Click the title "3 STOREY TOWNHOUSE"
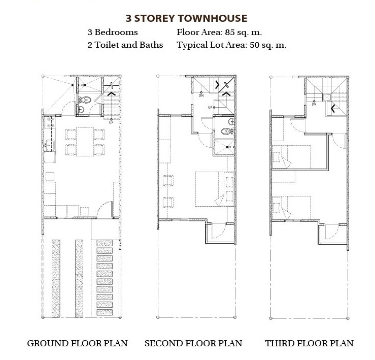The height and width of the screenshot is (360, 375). [186, 18]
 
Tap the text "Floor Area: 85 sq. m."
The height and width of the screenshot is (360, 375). [219, 32]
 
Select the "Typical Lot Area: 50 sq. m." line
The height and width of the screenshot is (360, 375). [231, 45]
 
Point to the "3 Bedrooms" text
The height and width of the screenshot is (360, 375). [113, 32]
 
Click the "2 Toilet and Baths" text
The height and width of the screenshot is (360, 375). [125, 45]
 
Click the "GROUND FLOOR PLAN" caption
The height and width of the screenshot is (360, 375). [78, 343]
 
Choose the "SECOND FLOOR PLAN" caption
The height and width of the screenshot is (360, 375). [193, 343]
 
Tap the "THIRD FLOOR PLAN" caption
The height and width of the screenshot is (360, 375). [309, 343]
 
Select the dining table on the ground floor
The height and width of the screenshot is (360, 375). [85, 142]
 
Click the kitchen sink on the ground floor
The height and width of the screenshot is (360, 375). [50, 146]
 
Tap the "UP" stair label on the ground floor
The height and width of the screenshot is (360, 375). [111, 122]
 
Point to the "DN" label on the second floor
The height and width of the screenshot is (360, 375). [201, 95]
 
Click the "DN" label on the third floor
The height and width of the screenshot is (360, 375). [314, 104]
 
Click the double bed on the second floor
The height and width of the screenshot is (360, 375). [215, 189]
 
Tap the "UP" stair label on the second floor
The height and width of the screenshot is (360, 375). [210, 107]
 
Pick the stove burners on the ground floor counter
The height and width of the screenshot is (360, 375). [50, 122]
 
